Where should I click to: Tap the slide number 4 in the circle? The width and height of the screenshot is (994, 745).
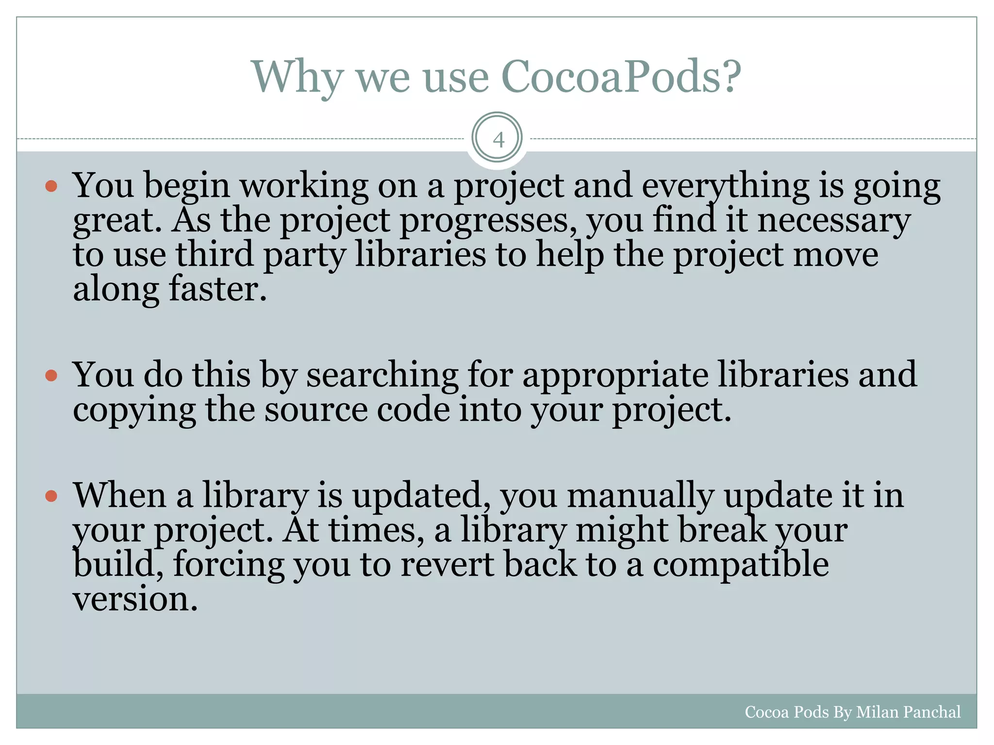[498, 140]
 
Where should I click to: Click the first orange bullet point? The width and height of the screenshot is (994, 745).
[51, 186]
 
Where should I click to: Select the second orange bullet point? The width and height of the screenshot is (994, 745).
[51, 375]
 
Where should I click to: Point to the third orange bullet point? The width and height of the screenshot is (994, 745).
[51, 496]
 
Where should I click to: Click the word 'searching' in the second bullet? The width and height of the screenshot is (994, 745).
[382, 375]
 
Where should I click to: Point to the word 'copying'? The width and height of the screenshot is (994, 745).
[134, 410]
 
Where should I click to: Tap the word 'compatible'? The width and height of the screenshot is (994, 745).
[740, 565]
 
